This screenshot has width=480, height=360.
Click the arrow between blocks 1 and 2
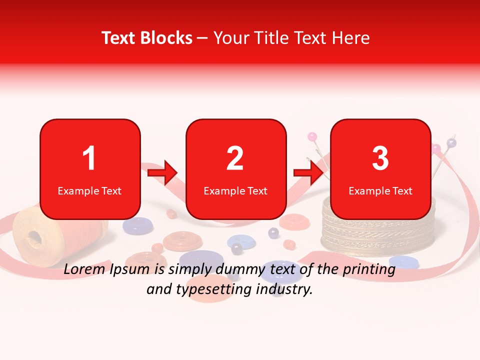point(163,172)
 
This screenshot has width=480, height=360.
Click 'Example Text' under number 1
point(89,190)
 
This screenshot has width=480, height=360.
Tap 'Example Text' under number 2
point(235,190)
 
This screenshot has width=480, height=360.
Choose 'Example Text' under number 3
point(380,190)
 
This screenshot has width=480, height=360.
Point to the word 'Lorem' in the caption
point(83,270)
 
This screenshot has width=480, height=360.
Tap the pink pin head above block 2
point(311,136)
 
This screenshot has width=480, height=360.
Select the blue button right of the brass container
point(404,261)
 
